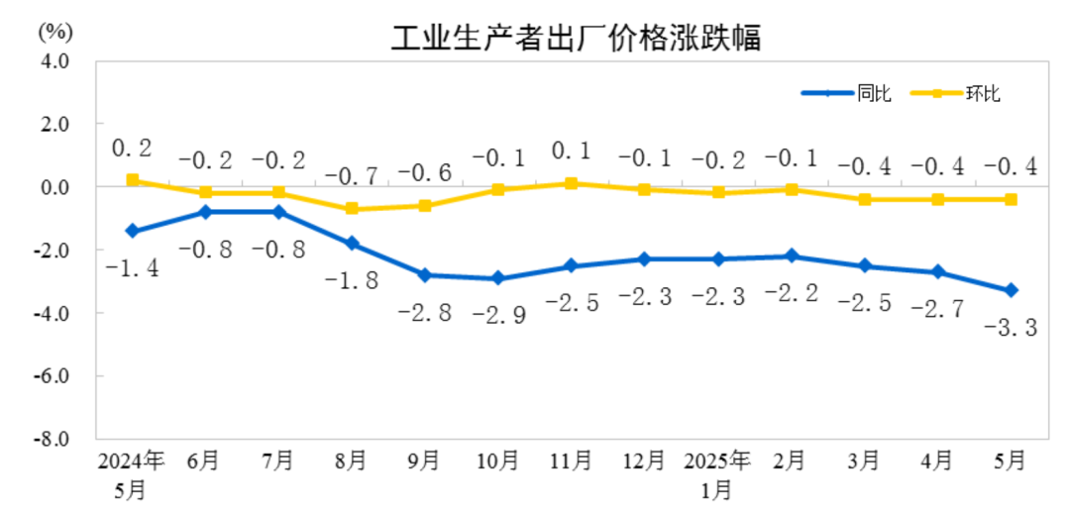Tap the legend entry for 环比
click(984, 94)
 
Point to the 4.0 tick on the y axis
click(55, 60)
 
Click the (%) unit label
click(55, 31)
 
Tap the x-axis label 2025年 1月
click(717, 474)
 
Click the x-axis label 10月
click(497, 461)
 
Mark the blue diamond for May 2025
click(1011, 290)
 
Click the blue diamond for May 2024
click(132, 231)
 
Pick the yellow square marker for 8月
click(352, 209)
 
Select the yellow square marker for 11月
click(572, 183)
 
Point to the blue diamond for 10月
click(497, 278)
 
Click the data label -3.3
click(1011, 328)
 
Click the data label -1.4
click(131, 267)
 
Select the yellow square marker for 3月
click(864, 199)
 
